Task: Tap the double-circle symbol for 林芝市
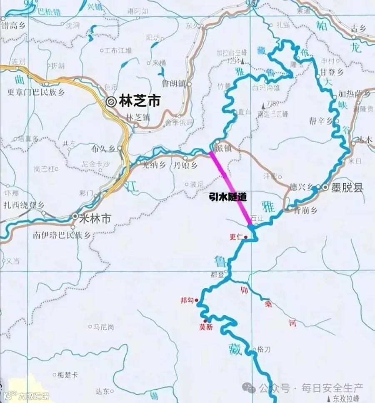(111, 102)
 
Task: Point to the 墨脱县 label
(347, 188)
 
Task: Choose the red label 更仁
(236, 237)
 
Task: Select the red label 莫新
(206, 327)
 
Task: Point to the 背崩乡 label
(305, 211)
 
